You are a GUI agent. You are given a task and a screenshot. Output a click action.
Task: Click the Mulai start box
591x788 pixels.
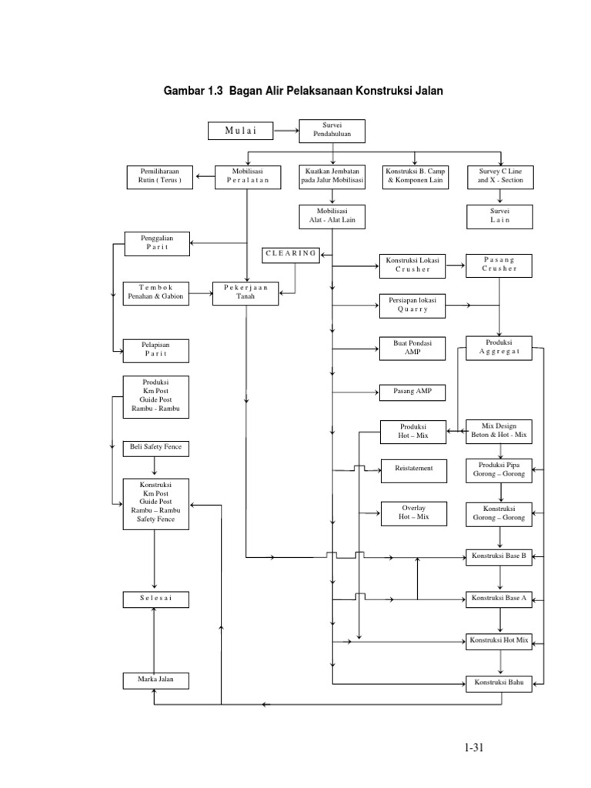tap(241, 131)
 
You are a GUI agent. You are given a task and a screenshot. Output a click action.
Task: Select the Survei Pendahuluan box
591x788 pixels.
tap(332, 131)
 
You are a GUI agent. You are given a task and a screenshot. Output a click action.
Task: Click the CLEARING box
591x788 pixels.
tap(291, 253)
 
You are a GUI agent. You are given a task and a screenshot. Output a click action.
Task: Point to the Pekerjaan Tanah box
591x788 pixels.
tap(245, 293)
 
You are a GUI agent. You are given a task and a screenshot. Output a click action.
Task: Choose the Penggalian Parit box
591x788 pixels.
tap(155, 244)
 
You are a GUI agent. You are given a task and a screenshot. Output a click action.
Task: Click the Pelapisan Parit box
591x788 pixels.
tap(155, 350)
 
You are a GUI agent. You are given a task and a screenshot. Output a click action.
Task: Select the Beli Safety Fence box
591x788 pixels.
tap(155, 447)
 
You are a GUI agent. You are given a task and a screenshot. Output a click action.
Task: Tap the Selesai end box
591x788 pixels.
tap(155, 599)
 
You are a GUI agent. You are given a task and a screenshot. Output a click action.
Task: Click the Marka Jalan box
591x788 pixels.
tap(155, 680)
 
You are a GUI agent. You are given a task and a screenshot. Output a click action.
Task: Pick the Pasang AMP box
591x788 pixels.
tap(412, 392)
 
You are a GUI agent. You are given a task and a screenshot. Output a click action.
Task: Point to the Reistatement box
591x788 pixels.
tap(412, 468)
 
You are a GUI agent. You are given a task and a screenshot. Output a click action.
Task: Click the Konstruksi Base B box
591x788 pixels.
tap(499, 556)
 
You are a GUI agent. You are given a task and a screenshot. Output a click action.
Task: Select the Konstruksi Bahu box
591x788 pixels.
tap(499, 682)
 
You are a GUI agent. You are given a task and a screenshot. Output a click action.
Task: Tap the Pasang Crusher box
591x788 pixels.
tap(499, 265)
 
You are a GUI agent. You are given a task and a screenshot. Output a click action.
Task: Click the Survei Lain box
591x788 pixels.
tap(499, 215)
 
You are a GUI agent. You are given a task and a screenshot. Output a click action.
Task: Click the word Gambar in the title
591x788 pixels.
tap(184, 91)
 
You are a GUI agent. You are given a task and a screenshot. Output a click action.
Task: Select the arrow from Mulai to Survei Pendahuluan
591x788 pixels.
tap(287, 131)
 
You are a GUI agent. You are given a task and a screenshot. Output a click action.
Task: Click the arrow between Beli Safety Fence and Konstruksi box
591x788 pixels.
tap(155, 466)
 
